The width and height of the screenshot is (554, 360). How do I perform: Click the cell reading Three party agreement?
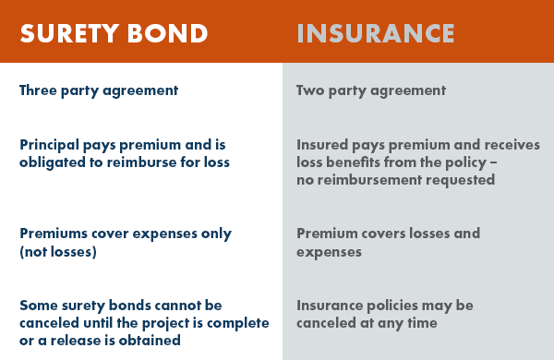pyautogui.click(x=98, y=91)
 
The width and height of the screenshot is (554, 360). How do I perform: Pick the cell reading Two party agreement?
pyautogui.click(x=371, y=91)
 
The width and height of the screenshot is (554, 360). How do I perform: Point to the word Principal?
pyautogui.click(x=51, y=145)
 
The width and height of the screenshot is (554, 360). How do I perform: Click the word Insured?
pyautogui.click(x=322, y=145)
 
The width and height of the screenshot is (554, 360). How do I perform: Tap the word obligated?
pyautogui.click(x=52, y=162)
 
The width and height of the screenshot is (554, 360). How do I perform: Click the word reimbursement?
pyautogui.click(x=367, y=178)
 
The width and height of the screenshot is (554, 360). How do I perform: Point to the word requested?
pyautogui.click(x=459, y=178)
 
